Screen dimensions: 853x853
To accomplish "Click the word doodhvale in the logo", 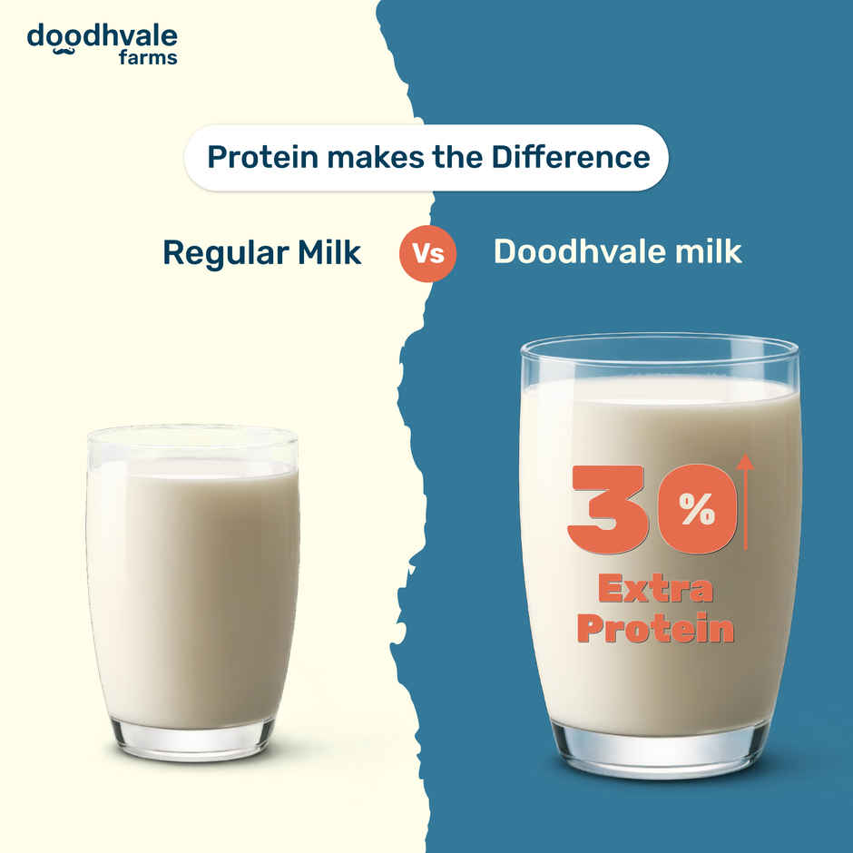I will point(102,37).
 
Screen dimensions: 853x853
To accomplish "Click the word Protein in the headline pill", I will point(263,157).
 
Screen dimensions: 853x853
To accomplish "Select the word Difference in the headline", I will point(571,157).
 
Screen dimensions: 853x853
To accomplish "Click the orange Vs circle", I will point(428,253).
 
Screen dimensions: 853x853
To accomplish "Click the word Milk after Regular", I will point(325,252).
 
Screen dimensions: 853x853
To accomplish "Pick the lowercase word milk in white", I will point(705,251).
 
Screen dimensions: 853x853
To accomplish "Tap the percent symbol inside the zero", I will point(696,513).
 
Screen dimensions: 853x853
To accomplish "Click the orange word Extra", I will point(655,591).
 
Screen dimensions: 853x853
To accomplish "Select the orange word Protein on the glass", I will point(655,629).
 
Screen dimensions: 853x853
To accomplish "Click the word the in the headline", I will point(457,157).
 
